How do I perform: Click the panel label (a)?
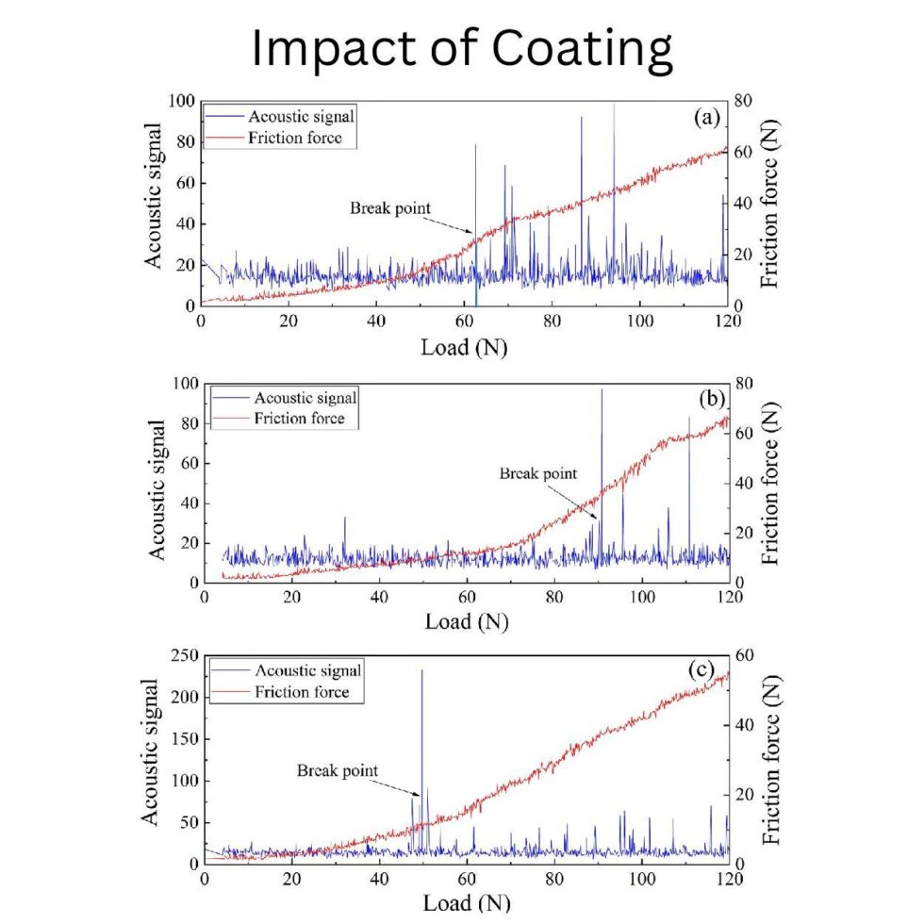706,118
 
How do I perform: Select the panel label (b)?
706,399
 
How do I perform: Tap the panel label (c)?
706,670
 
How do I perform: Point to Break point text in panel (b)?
537,473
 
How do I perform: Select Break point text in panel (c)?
338,770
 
